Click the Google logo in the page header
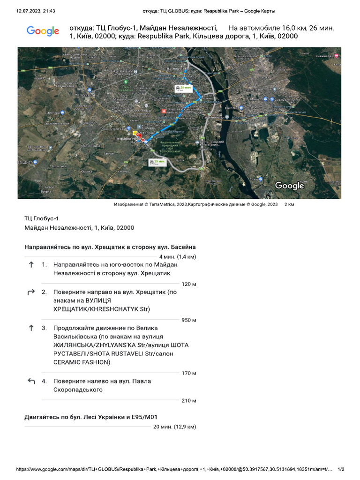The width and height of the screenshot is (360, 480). (x=43, y=31)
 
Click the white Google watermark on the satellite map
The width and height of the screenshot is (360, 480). (x=289, y=186)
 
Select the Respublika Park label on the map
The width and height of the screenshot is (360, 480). (x=127, y=139)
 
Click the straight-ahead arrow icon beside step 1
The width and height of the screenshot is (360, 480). (x=31, y=264)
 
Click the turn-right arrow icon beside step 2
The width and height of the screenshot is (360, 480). (x=31, y=292)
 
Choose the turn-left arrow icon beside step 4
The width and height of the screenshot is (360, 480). (x=31, y=381)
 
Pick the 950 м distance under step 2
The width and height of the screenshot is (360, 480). (x=188, y=320)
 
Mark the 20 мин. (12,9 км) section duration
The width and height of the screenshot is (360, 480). (x=174, y=427)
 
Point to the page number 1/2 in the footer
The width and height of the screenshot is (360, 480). (x=341, y=469)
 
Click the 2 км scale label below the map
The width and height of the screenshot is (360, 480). (x=289, y=204)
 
